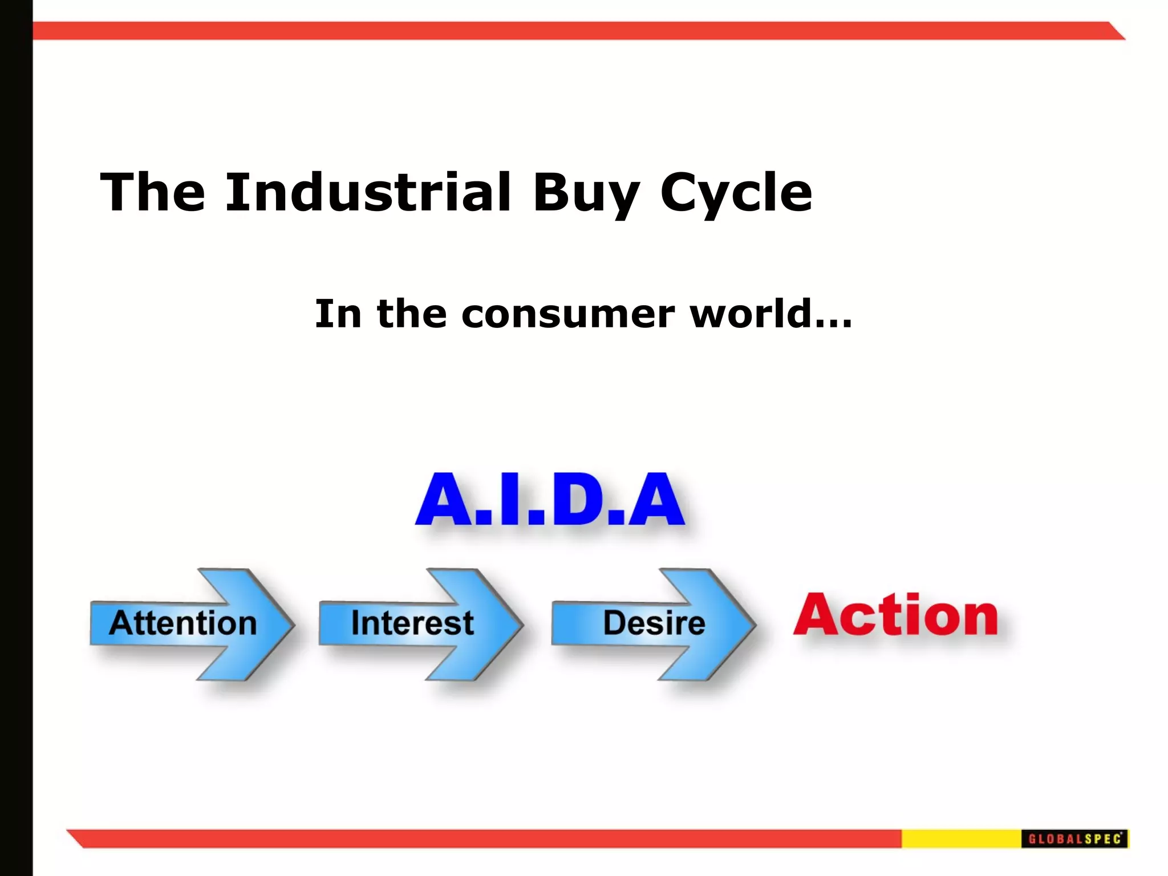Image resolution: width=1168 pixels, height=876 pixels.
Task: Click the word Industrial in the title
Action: click(368, 193)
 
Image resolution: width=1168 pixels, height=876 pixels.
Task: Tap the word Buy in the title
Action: click(586, 194)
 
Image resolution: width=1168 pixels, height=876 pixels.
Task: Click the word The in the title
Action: click(153, 193)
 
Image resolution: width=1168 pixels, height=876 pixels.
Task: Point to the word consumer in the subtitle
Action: click(567, 315)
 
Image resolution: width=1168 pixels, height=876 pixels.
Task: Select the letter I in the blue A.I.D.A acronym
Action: click(512, 500)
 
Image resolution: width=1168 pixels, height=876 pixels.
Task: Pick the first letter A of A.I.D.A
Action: click(444, 500)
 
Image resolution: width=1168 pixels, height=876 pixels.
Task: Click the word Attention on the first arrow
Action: click(183, 623)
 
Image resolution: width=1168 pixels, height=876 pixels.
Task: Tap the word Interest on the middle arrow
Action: click(412, 623)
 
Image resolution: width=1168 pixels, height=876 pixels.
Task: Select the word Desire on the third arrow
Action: click(654, 623)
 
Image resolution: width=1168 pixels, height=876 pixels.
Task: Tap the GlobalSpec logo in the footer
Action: click(1074, 839)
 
